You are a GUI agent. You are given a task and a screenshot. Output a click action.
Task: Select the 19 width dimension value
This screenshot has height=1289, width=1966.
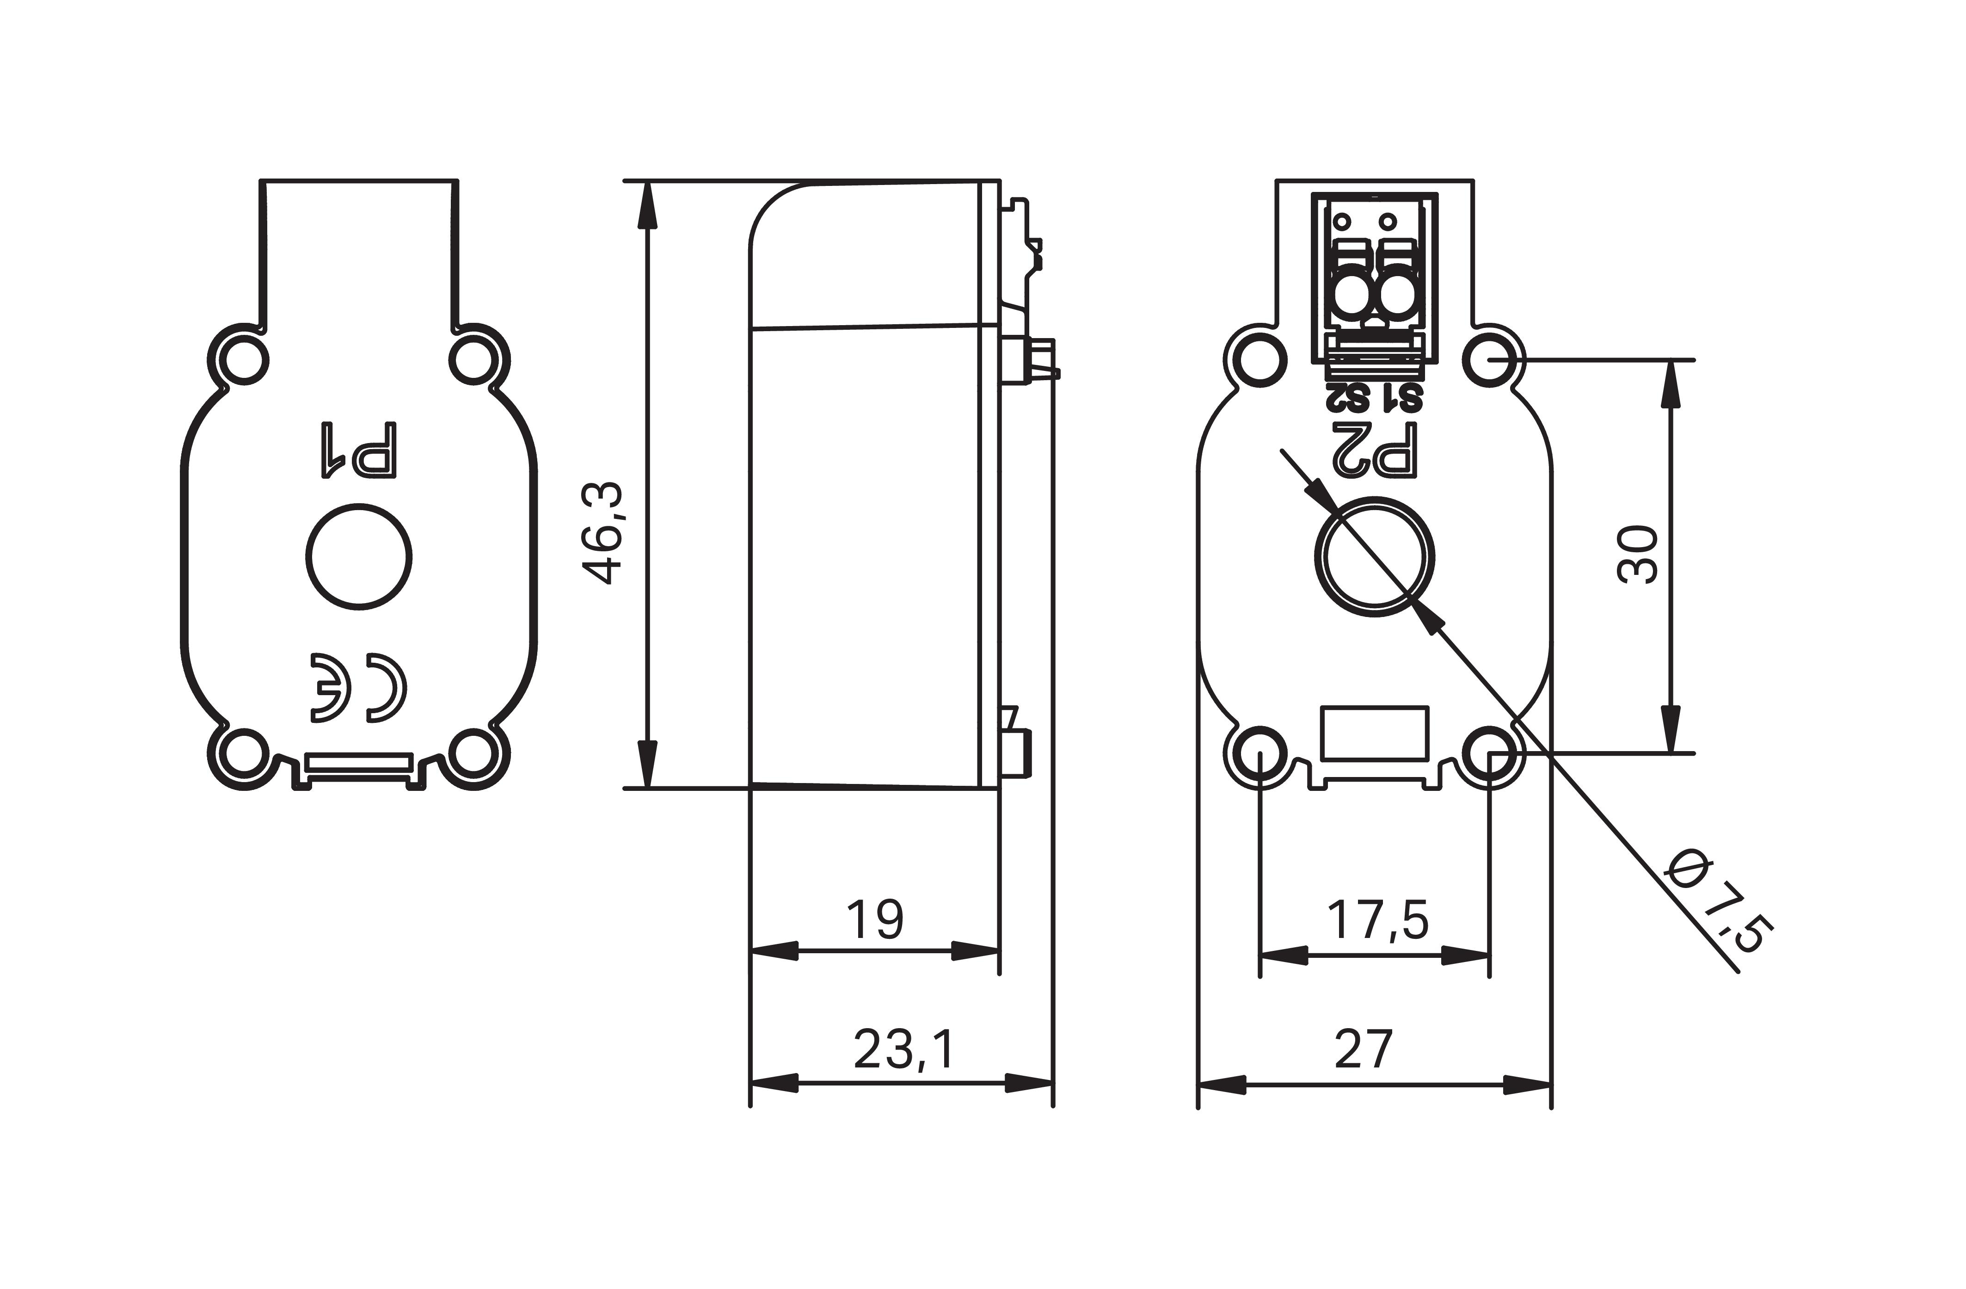(875, 919)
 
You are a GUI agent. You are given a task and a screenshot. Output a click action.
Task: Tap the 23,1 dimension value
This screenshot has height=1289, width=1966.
(903, 1049)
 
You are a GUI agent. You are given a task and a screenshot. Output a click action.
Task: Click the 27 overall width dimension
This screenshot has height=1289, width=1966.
(1364, 1049)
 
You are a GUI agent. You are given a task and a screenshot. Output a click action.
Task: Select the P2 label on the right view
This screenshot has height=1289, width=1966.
(1376, 450)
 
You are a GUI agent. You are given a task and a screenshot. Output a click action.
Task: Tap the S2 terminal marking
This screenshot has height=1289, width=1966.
(1348, 398)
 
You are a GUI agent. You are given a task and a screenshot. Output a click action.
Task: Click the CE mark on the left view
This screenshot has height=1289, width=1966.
(359, 687)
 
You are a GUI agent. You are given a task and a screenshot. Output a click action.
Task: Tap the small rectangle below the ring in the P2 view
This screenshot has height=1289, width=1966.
(1375, 733)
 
